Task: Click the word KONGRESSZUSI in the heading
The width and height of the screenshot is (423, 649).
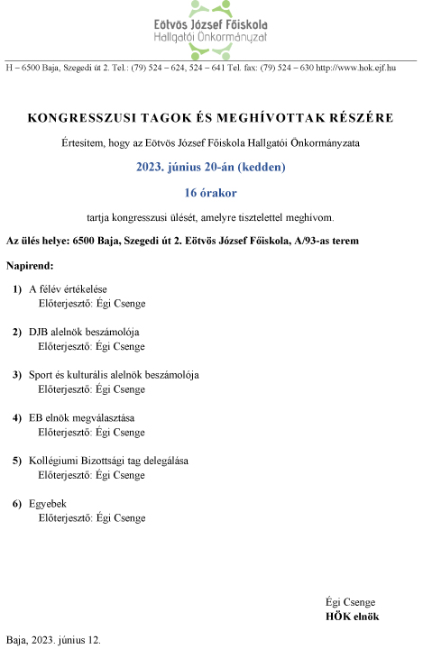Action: point(75,118)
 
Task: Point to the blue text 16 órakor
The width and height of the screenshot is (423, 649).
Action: point(210,192)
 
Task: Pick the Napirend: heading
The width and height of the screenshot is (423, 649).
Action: point(30,266)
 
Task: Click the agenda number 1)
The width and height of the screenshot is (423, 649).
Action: point(17,288)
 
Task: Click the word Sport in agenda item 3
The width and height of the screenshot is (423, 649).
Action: point(41,374)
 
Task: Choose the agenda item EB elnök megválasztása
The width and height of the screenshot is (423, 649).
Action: point(81,417)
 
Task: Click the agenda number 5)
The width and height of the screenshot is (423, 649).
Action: point(17,461)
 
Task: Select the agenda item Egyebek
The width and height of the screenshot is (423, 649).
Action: point(48,503)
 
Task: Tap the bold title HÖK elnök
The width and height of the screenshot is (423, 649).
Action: point(352,617)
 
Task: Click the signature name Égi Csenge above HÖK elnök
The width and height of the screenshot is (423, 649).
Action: point(350,602)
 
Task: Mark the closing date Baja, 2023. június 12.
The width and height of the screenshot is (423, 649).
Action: point(54,638)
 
